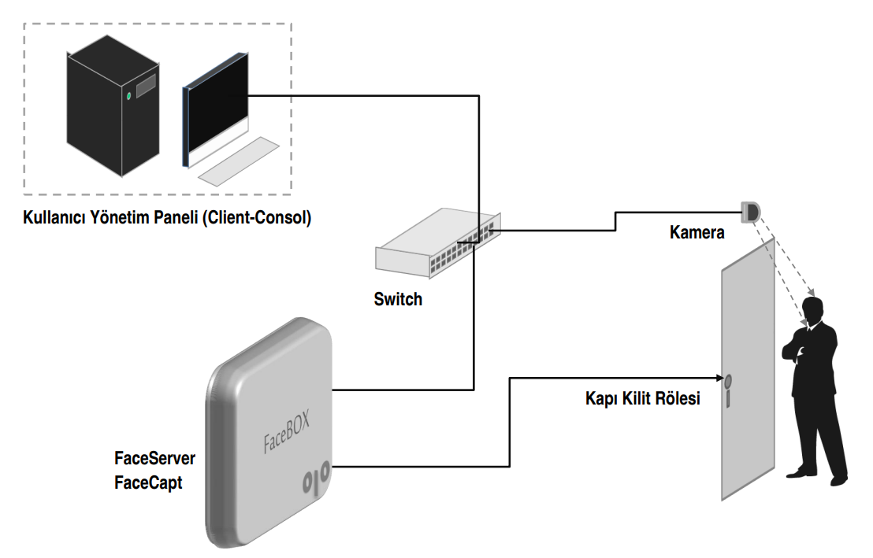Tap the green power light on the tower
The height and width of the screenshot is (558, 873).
pyautogui.click(x=129, y=97)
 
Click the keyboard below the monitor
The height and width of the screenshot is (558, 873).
pyautogui.click(x=239, y=162)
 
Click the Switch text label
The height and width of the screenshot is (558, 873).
pyautogui.click(x=398, y=300)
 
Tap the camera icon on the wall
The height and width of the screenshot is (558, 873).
pyautogui.click(x=751, y=210)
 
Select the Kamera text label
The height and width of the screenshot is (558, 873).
pyautogui.click(x=697, y=233)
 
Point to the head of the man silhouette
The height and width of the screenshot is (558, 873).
pyautogui.click(x=815, y=310)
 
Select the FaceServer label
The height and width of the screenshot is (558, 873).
pyautogui.click(x=154, y=458)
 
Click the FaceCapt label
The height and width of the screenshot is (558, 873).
pyautogui.click(x=148, y=482)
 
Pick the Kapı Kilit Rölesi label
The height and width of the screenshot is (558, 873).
pyautogui.click(x=642, y=399)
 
